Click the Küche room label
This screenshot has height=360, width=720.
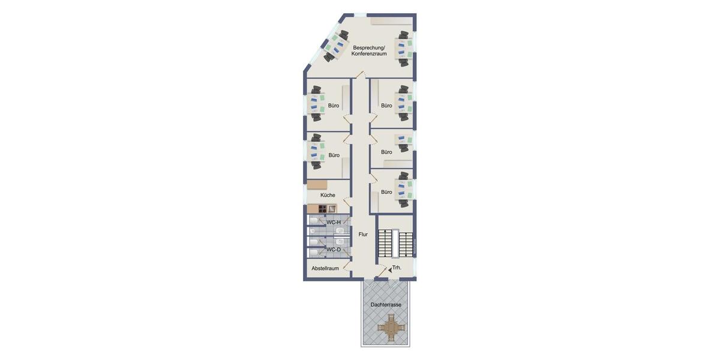(328, 195)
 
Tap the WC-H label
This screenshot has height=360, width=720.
(334, 222)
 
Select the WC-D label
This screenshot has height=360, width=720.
(334, 250)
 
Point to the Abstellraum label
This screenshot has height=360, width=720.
(325, 268)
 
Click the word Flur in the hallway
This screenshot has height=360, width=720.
(363, 234)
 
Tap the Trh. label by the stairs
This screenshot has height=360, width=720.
(397, 268)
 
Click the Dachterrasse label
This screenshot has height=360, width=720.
(386, 305)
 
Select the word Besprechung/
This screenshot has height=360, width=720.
(369, 47)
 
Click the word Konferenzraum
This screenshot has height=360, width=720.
(369, 54)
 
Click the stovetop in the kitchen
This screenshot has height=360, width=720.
(322, 209)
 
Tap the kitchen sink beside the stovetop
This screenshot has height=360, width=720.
(332, 209)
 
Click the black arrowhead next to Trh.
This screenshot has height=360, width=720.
(389, 270)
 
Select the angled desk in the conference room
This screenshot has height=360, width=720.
(336, 46)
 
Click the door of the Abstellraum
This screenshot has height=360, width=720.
(346, 266)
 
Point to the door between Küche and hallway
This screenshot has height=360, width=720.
(347, 202)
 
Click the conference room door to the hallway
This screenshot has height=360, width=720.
(360, 74)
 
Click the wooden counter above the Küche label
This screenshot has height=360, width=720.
(317, 185)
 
